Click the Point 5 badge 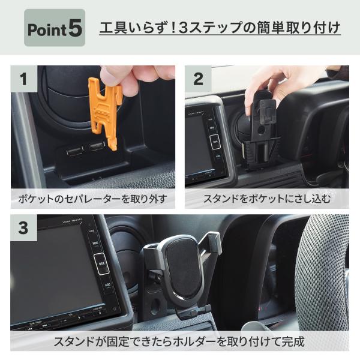click(x=55, y=28)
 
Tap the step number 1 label click(x=24, y=79)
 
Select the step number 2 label click(x=198, y=79)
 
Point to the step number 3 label click(x=23, y=228)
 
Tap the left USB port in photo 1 click(x=75, y=151)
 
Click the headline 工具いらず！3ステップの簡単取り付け click(x=220, y=28)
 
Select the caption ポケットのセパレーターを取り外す click(x=93, y=199)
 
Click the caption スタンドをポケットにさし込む click(x=267, y=199)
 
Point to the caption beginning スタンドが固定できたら click(x=179, y=341)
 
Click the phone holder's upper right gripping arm click(x=212, y=244)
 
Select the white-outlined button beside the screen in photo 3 click(x=101, y=264)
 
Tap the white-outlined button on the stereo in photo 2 click(x=215, y=142)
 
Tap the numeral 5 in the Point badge click(x=75, y=28)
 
